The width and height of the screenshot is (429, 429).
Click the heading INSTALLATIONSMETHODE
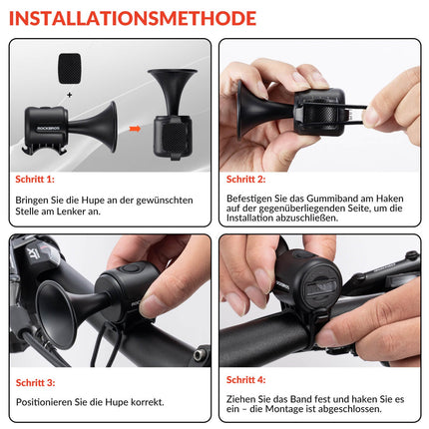[133, 17]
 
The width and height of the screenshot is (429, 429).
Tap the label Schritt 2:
[246, 180]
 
